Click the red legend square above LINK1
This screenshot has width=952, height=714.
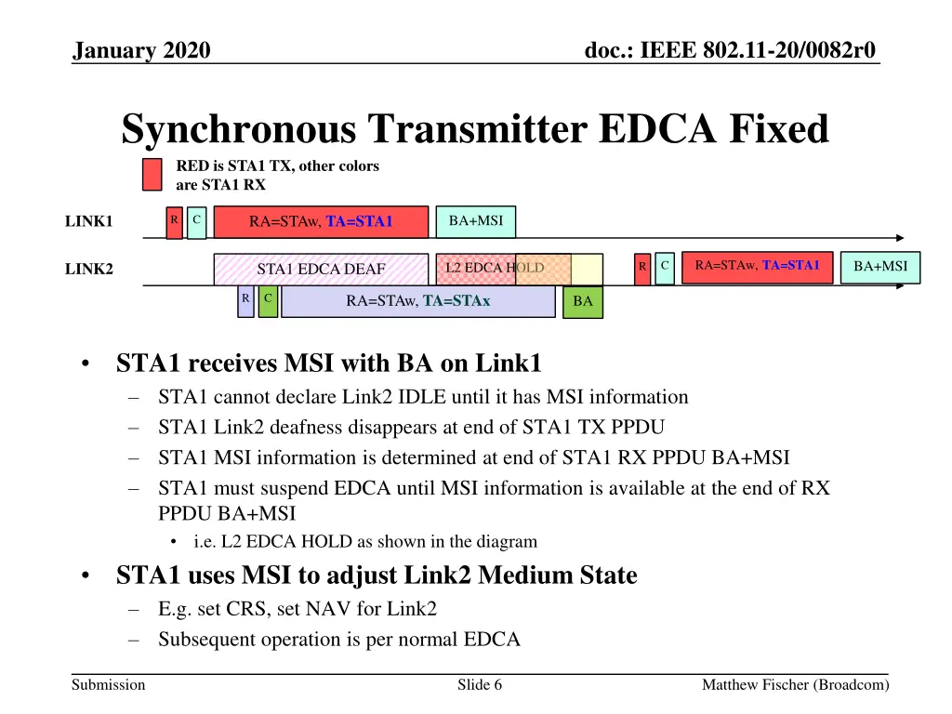(x=152, y=175)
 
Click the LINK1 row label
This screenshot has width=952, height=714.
(x=88, y=222)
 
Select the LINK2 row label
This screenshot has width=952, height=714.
(x=88, y=270)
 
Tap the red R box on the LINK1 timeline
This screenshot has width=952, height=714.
(x=175, y=222)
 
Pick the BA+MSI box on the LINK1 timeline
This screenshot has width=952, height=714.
(x=475, y=221)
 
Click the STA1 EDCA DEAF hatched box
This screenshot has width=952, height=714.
(x=321, y=270)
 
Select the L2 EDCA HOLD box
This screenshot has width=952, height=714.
(x=493, y=269)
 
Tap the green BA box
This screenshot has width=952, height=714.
(x=583, y=301)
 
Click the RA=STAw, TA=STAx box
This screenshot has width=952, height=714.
(x=417, y=301)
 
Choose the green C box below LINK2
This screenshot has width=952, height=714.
(x=268, y=301)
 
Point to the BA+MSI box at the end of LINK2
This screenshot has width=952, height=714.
(x=880, y=267)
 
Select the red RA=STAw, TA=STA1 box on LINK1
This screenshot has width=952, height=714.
(x=321, y=222)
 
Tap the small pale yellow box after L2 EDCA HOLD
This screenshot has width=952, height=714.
(x=587, y=269)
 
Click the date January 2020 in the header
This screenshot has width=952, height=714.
(x=142, y=50)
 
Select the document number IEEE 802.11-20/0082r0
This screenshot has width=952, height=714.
(x=730, y=50)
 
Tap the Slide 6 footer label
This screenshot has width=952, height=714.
(x=480, y=685)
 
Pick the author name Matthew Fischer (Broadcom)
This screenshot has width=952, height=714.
(x=795, y=685)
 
